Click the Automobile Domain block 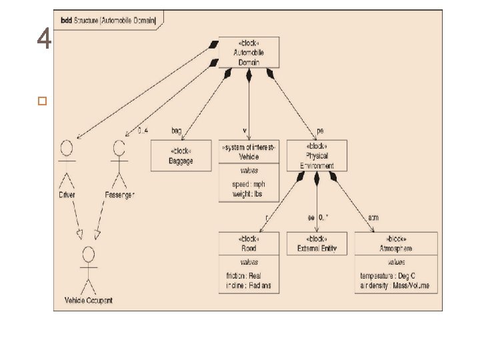click(x=249, y=52)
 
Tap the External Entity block click(x=317, y=243)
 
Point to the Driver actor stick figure click(x=66, y=163)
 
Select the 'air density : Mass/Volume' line click(x=395, y=285)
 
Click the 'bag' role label click(x=177, y=131)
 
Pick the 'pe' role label click(x=320, y=131)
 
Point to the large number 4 click(x=44, y=40)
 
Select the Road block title click(x=249, y=243)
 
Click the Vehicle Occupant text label click(x=88, y=300)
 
